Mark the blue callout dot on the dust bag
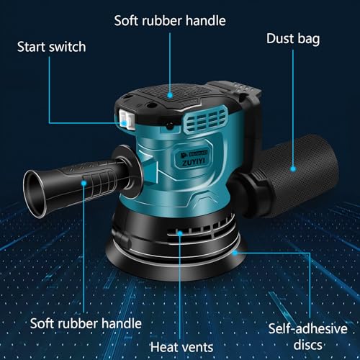pyautogui.click(x=294, y=168)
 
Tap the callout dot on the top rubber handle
pyautogui.click(x=171, y=93)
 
